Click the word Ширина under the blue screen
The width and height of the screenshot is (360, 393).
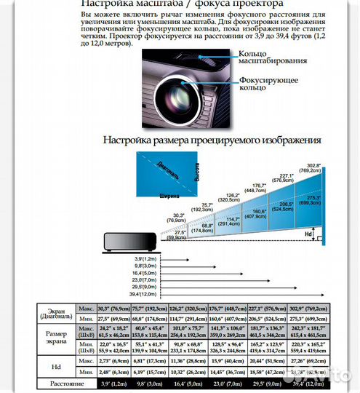tap(169, 196)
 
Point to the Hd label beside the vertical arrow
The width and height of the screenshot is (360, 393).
tap(308, 234)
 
